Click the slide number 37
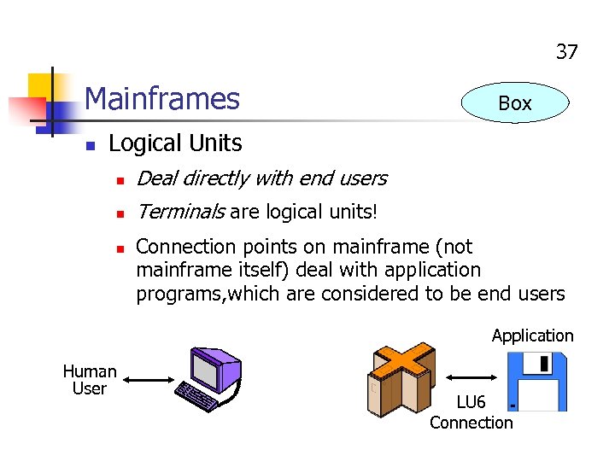point(567,52)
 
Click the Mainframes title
point(162,99)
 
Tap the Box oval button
point(514,103)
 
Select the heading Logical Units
point(175,143)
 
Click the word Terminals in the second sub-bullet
point(180,212)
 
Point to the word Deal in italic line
point(156,178)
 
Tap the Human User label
point(90,380)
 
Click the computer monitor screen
point(208,370)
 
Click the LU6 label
point(471,402)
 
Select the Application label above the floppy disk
point(532,336)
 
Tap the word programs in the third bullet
point(173,295)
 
